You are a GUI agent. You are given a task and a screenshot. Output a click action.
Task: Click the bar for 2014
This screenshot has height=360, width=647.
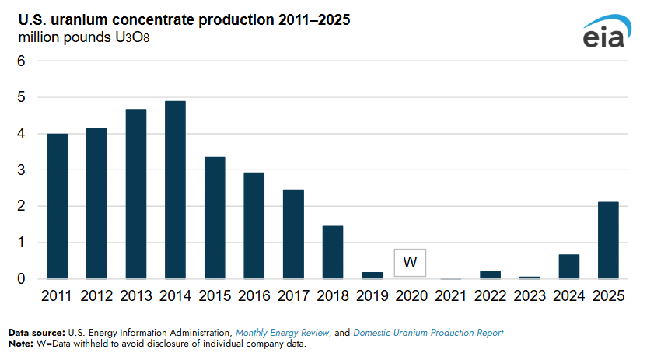point(175,190)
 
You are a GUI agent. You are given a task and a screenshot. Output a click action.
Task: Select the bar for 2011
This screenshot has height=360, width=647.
point(57,206)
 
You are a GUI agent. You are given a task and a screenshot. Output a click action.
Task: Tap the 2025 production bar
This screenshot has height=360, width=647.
point(608,240)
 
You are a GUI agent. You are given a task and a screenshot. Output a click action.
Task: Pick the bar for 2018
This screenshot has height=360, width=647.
point(333,253)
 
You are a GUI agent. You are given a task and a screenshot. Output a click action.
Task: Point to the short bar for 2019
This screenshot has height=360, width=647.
point(372,275)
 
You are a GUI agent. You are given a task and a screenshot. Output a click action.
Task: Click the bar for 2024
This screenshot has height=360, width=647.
point(569,267)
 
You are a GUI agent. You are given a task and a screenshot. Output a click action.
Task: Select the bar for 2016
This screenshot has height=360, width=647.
point(254,225)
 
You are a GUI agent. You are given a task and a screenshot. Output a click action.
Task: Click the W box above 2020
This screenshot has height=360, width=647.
point(410,263)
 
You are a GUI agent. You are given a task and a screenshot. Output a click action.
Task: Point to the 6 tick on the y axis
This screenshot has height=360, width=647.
point(21,61)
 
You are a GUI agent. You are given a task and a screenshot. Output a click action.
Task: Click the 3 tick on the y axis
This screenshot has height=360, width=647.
point(21,170)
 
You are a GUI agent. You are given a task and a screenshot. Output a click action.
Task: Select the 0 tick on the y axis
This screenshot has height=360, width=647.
point(21,279)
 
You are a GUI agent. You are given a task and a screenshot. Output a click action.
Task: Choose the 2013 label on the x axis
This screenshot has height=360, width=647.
point(136,295)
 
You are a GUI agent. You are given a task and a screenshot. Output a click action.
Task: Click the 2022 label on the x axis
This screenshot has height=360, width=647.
point(490,295)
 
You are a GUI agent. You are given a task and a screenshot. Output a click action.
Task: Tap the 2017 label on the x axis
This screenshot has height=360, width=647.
point(293,295)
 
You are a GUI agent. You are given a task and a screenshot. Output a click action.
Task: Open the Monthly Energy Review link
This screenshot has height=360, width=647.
point(282,333)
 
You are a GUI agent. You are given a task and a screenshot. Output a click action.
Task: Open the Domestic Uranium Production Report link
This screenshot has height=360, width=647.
point(428,333)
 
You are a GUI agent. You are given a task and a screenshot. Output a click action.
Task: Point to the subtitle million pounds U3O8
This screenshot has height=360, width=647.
point(84,37)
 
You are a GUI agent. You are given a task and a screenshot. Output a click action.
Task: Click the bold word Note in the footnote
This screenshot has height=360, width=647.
point(21,344)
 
